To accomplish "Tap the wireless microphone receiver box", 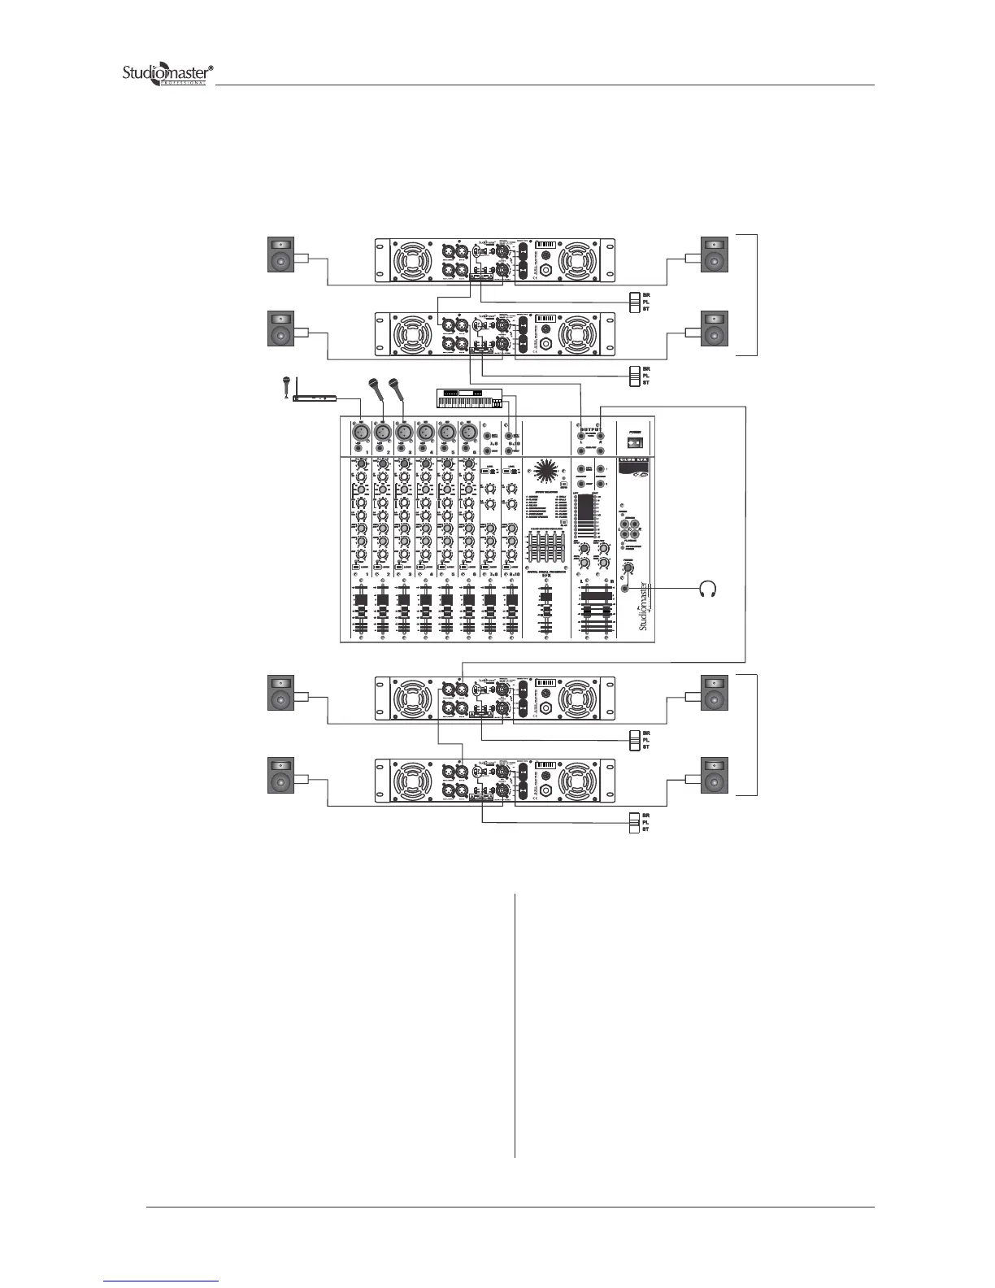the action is pos(314,398).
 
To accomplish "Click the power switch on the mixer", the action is pos(637,443).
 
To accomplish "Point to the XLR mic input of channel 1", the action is pos(360,431).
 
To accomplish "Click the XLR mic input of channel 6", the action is pos(467,431).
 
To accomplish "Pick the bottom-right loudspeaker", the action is pos(715,776).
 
